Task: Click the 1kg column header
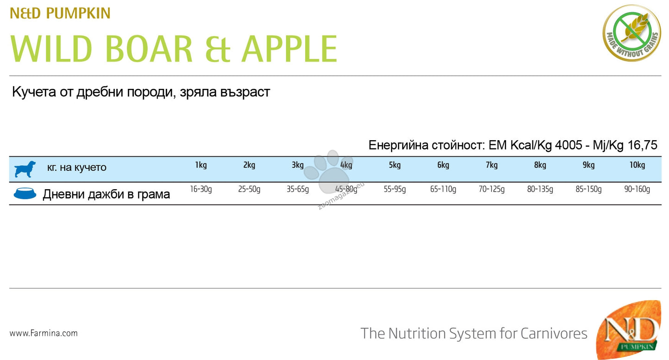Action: [x=201, y=165]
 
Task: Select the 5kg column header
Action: [x=394, y=165]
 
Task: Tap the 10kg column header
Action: [x=637, y=165]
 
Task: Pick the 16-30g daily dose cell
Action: [x=201, y=189]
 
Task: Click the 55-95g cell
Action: [x=394, y=189]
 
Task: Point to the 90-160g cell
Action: [x=637, y=189]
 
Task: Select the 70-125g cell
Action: [x=492, y=189]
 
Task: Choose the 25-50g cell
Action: [x=249, y=189]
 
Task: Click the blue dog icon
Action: [x=25, y=169]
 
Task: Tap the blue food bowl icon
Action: [x=25, y=193]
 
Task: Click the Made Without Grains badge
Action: [x=632, y=33]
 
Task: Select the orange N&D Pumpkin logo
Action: [x=629, y=330]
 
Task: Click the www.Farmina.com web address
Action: [x=44, y=333]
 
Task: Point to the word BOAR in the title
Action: [x=149, y=49]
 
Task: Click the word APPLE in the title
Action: [x=289, y=49]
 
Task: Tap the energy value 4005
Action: [x=569, y=145]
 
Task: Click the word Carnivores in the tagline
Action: [x=554, y=334]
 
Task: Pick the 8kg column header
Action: [x=540, y=165]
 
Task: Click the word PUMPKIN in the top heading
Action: [x=78, y=13]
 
